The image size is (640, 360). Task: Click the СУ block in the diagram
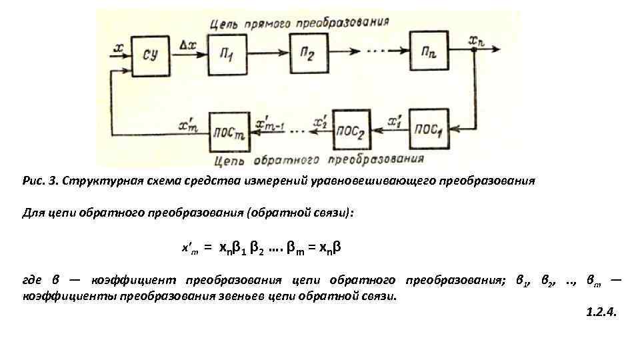tap(151, 53)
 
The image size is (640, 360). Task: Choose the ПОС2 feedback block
tap(352, 129)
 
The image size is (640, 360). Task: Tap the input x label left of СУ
tap(119, 47)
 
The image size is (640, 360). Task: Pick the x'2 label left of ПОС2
tap(320, 123)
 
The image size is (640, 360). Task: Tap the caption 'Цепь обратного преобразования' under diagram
tap(320, 159)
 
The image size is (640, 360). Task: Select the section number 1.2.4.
tap(601, 311)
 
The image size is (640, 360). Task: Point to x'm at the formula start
tap(191, 249)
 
